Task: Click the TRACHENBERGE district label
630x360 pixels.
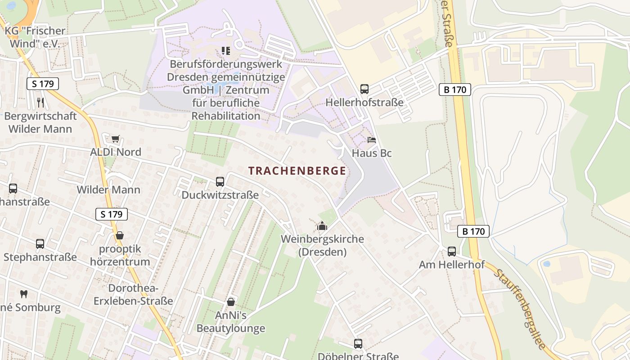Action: pos(297,171)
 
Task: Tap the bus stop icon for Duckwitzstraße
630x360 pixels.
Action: pos(220,182)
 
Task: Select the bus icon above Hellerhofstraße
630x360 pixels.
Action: pos(364,89)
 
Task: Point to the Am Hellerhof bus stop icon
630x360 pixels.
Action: pos(451,252)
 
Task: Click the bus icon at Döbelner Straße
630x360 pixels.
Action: pos(358,344)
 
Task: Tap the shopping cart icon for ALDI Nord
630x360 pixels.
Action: pos(115,139)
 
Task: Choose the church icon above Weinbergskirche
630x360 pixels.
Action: pos(322,226)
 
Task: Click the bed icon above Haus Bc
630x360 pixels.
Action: pos(371,140)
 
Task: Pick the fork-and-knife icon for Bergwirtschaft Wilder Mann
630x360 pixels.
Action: pos(40,102)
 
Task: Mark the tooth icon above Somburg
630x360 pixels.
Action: pos(24,294)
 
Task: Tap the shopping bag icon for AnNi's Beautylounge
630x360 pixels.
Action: pos(231,302)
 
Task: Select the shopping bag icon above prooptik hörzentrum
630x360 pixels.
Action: pos(119,235)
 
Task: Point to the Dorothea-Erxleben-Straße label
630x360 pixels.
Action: pos(133,295)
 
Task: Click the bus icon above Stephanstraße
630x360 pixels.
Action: pos(40,244)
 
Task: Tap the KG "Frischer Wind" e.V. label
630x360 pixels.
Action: pos(35,37)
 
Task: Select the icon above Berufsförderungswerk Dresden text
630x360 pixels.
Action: pos(225,50)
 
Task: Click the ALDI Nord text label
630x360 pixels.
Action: pos(116,152)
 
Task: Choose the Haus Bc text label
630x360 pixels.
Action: pos(372,153)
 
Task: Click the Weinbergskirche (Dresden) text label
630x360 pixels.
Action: pos(322,245)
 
